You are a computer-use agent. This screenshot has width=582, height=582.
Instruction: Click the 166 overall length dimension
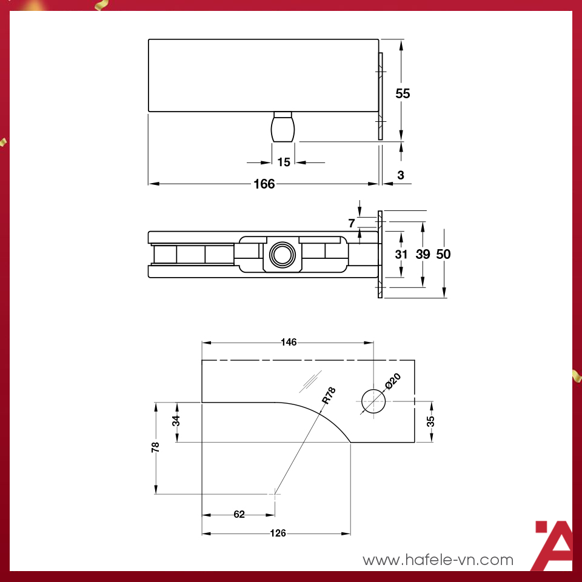(x=264, y=184)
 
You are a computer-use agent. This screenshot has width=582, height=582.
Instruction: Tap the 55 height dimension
(x=403, y=93)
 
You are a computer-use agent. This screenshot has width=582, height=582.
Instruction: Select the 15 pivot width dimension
(x=284, y=162)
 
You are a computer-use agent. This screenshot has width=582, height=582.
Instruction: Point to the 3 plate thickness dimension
(x=400, y=175)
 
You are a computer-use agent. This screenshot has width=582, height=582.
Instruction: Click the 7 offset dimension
(x=352, y=223)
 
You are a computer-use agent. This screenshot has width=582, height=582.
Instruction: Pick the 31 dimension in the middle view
(x=401, y=254)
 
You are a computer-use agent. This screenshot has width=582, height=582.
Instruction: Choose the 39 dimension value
(x=423, y=254)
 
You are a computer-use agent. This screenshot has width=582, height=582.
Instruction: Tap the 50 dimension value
(x=444, y=254)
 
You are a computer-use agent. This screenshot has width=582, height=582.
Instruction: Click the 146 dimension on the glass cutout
(x=289, y=343)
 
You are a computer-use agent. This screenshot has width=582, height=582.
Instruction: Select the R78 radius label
(x=328, y=396)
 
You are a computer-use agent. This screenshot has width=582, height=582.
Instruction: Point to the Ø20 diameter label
(x=393, y=383)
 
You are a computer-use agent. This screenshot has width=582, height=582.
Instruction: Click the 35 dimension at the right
(x=431, y=422)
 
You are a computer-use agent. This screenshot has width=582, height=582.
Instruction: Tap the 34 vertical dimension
(x=176, y=421)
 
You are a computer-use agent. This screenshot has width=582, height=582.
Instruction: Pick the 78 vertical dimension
(x=156, y=447)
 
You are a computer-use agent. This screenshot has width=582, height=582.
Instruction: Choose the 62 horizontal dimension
(x=239, y=515)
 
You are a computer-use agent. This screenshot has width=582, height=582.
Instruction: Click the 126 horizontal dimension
(x=278, y=533)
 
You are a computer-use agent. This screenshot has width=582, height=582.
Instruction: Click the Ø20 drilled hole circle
(x=373, y=402)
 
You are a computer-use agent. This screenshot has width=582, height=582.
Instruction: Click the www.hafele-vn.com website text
(x=438, y=560)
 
